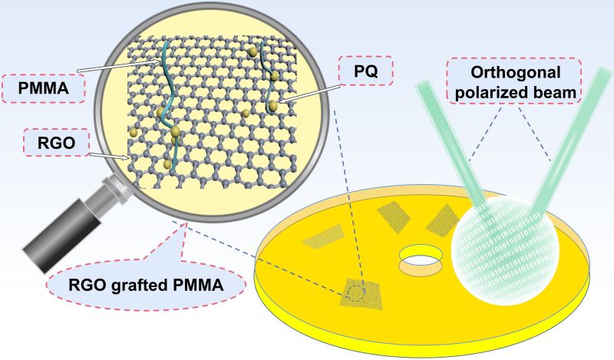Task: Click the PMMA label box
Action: point(43,88)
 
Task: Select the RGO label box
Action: point(56,143)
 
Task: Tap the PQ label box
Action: point(366,71)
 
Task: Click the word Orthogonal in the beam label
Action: point(515,72)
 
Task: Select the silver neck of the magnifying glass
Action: point(114,190)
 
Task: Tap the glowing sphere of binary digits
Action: point(503,251)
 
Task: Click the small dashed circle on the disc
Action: point(357,293)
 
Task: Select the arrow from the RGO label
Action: point(109,157)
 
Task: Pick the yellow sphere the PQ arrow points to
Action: point(273,105)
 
